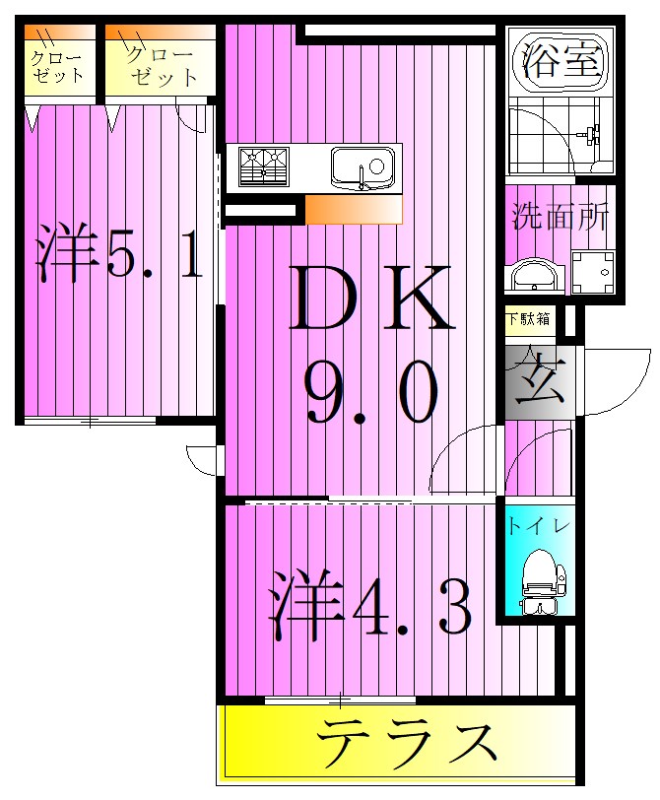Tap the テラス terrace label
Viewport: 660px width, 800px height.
click(x=406, y=744)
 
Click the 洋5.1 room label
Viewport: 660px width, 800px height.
click(x=120, y=254)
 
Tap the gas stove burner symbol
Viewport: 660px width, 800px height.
click(x=263, y=165)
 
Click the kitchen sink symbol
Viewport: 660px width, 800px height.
click(x=362, y=166)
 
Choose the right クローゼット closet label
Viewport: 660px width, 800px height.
click(x=159, y=66)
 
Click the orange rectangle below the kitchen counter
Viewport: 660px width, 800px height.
click(x=353, y=209)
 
